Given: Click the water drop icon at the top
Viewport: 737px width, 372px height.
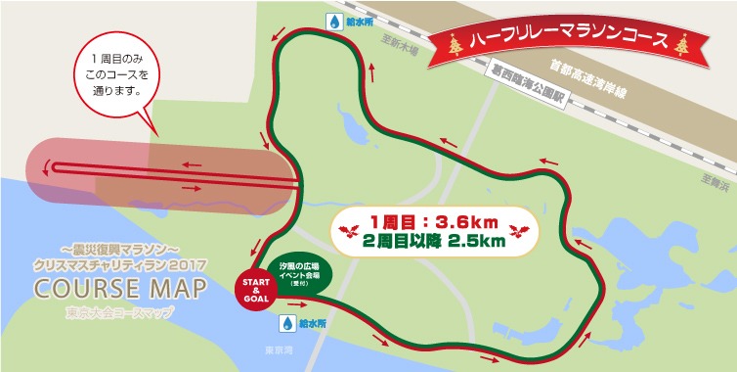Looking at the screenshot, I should (x=335, y=22).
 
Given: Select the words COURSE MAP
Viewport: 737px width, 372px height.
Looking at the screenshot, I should (x=119, y=291).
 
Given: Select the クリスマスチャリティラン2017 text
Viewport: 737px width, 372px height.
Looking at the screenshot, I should (x=119, y=265).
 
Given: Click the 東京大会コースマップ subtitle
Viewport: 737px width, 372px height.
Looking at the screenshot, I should (x=119, y=313).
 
